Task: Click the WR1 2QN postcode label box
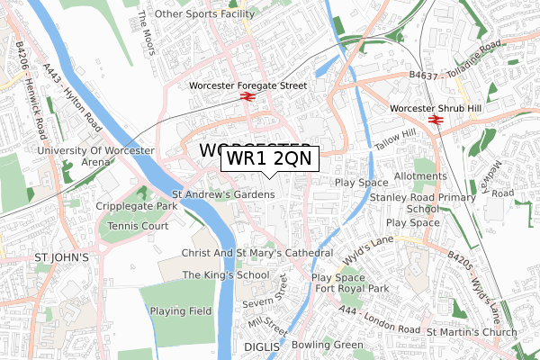(x=268, y=158)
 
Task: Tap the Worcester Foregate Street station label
(x=248, y=85)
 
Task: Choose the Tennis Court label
(x=138, y=225)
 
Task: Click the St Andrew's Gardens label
(x=223, y=193)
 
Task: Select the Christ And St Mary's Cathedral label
(x=257, y=253)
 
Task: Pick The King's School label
(x=226, y=274)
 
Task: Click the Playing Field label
(x=181, y=310)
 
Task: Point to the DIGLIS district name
(x=262, y=345)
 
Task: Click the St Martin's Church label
(x=472, y=332)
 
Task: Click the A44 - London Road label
(x=381, y=319)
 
